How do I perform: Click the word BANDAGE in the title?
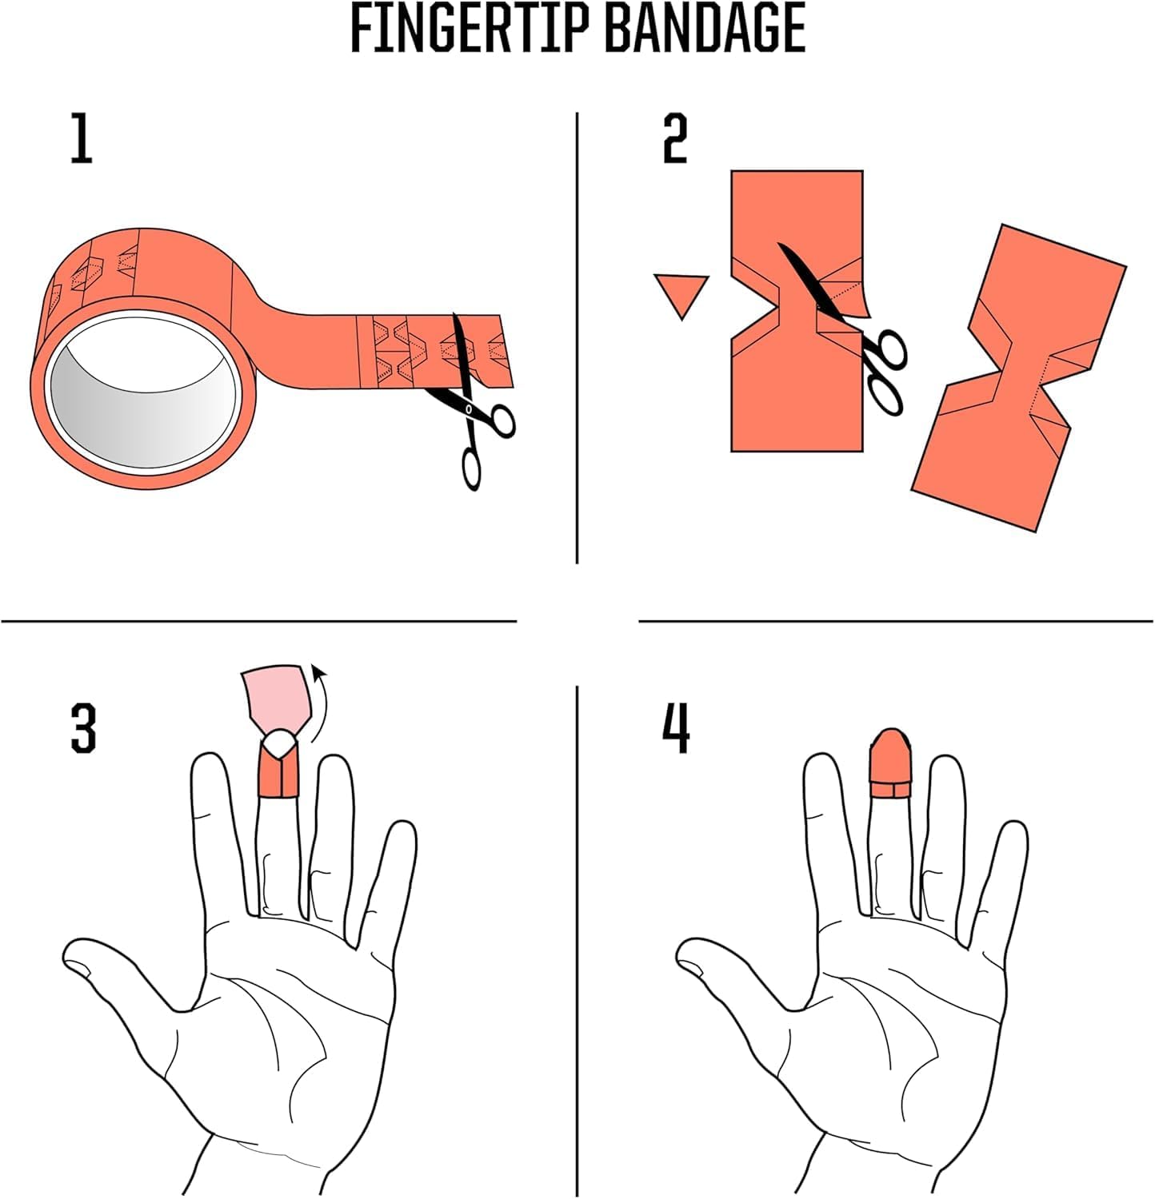(704, 30)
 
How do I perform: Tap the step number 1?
(82, 138)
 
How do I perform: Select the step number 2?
(674, 138)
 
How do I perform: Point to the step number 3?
(83, 727)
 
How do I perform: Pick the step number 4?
(677, 727)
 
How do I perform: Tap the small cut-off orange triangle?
(681, 293)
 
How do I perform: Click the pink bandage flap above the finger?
(277, 695)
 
